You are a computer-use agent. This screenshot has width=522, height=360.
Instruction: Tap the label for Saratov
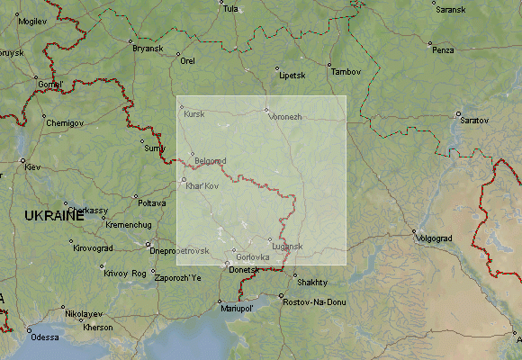(474, 119)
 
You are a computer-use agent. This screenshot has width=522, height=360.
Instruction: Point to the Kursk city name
(193, 114)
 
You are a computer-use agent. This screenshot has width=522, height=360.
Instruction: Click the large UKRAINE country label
(54, 216)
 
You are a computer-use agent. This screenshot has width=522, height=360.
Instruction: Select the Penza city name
(443, 49)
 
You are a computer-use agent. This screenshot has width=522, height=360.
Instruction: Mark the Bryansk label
(147, 48)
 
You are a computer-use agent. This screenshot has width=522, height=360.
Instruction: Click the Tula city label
(231, 9)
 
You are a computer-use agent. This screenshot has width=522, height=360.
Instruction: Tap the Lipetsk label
(292, 75)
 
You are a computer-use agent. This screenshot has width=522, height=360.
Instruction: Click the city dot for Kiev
(22, 161)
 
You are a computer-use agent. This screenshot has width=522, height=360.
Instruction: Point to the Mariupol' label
(238, 308)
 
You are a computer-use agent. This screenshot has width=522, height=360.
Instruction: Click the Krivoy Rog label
(124, 273)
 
